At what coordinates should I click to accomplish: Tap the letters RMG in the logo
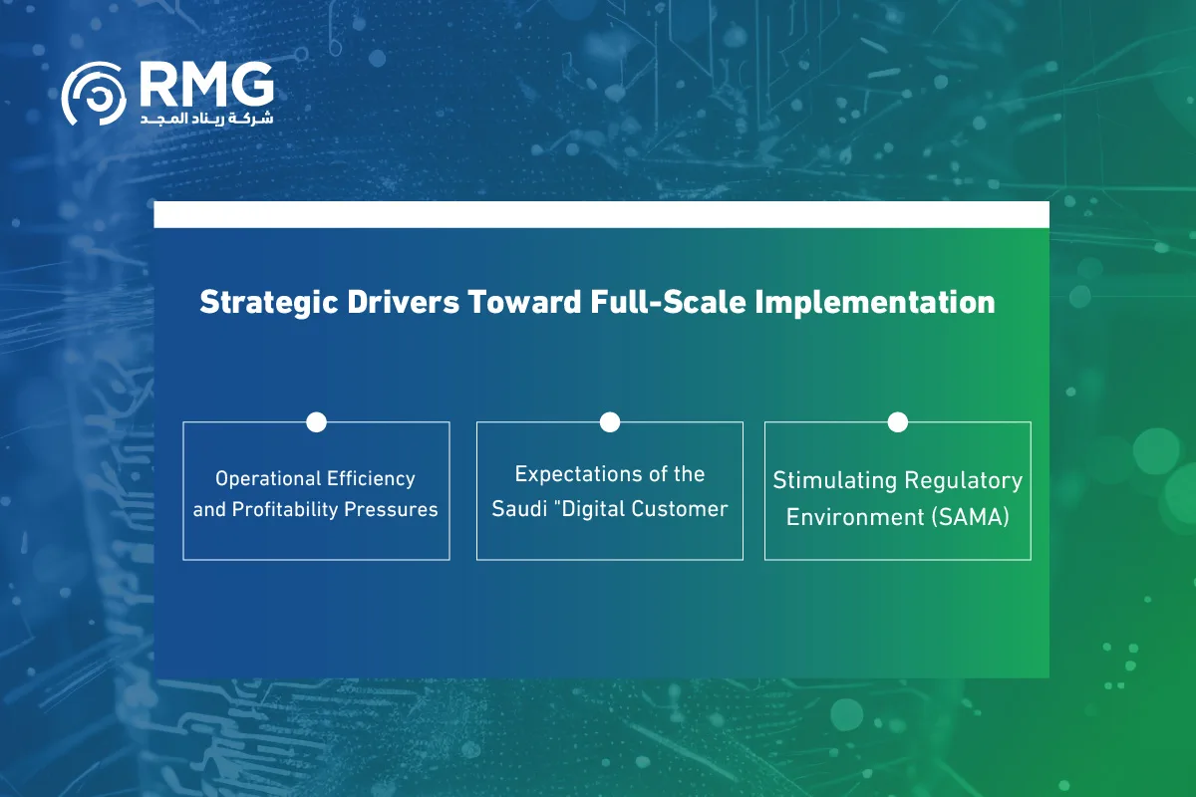(x=206, y=85)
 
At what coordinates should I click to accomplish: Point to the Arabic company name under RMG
(x=206, y=118)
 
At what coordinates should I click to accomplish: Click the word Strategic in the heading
(x=268, y=303)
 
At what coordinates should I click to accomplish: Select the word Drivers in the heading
(x=403, y=302)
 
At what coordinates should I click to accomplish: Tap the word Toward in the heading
(x=524, y=302)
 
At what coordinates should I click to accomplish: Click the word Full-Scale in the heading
(x=668, y=302)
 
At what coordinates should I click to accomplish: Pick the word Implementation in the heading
(x=875, y=303)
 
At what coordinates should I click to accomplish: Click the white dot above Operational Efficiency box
(x=316, y=421)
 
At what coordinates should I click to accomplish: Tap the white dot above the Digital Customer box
(x=610, y=421)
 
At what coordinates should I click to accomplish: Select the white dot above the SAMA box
(x=898, y=421)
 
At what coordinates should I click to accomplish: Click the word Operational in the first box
(x=268, y=479)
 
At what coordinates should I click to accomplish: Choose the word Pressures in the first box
(x=391, y=509)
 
